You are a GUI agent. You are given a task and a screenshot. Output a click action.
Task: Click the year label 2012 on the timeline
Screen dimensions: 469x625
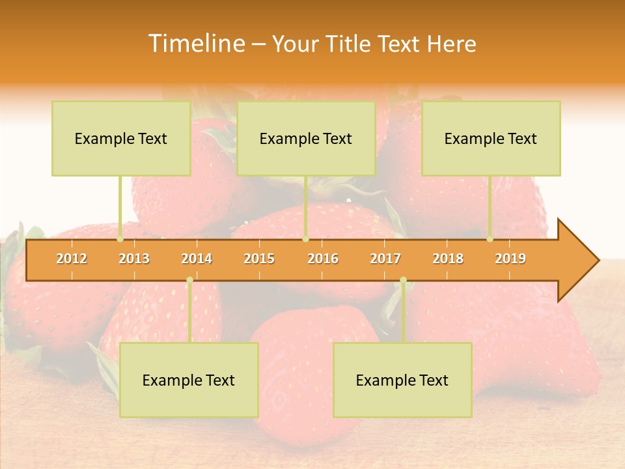[x=72, y=259]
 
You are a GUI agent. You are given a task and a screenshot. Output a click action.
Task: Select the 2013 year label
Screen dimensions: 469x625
[x=134, y=259]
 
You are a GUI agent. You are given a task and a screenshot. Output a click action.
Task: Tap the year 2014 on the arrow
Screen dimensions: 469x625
[x=197, y=259]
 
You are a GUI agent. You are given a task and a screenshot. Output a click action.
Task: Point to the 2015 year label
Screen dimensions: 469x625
[x=259, y=259]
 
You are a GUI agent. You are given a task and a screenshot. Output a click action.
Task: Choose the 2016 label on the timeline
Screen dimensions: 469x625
[x=323, y=259]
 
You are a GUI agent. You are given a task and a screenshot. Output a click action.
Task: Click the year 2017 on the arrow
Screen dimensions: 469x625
[x=385, y=259]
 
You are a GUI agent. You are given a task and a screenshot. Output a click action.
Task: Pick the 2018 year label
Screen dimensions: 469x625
[x=448, y=259]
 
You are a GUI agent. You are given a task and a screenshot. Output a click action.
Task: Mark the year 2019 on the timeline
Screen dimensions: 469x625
[x=510, y=259]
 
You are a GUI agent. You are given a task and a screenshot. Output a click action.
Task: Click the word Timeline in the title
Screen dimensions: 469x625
[x=196, y=44]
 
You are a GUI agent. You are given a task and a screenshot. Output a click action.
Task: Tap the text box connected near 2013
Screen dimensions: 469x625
[x=121, y=138]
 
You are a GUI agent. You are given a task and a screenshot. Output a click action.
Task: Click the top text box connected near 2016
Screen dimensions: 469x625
[x=306, y=138]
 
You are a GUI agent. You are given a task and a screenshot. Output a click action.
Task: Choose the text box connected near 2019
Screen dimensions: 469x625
[x=491, y=138]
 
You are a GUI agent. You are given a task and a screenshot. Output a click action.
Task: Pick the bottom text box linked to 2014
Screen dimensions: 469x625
[x=189, y=380]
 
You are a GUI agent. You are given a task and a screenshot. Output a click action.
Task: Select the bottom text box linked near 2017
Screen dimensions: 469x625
[x=402, y=380]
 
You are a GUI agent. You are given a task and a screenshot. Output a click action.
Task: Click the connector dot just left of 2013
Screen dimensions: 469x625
[x=120, y=239]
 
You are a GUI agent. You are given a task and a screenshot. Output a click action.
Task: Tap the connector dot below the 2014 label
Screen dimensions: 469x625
[x=189, y=280]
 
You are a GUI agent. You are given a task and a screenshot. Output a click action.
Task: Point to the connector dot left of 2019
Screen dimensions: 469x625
[x=490, y=239]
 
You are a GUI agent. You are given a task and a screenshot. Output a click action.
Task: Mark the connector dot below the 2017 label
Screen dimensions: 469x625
[x=403, y=280]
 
